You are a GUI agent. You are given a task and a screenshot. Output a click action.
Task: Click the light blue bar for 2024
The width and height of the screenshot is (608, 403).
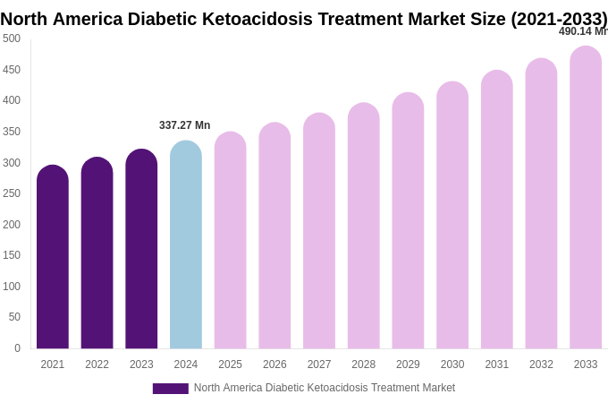[186, 246]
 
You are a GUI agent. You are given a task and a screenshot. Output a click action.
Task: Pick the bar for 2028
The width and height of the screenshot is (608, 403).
[364, 227]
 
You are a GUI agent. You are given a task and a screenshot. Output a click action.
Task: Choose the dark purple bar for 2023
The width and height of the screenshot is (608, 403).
[141, 250]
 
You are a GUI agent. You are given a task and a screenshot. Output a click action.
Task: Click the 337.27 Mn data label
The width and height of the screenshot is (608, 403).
[185, 125]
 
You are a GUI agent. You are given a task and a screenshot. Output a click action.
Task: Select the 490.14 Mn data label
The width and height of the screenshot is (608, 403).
[582, 31]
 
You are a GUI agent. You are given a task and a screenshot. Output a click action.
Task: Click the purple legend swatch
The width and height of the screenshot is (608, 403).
[170, 389]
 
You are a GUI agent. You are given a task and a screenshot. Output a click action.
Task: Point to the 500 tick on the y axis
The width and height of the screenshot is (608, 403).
[12, 39]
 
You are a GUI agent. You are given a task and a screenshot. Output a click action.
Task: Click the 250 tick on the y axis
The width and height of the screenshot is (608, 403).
[12, 193]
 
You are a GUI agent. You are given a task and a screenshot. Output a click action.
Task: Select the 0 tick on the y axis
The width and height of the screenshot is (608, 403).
[17, 348]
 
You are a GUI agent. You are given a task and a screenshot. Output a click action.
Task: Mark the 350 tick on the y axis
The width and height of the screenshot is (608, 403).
[12, 132]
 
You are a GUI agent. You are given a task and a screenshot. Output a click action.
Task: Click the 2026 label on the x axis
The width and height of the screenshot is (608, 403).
[274, 364]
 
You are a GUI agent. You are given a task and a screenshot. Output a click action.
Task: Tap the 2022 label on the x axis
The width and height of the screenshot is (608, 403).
[97, 364]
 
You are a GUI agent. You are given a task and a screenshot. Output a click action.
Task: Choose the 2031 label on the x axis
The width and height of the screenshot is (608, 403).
[496, 364]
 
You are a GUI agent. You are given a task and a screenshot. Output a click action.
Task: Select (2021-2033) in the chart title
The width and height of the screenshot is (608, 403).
[559, 19]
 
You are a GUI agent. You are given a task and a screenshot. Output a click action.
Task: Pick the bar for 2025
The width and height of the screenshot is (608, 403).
[230, 242]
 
